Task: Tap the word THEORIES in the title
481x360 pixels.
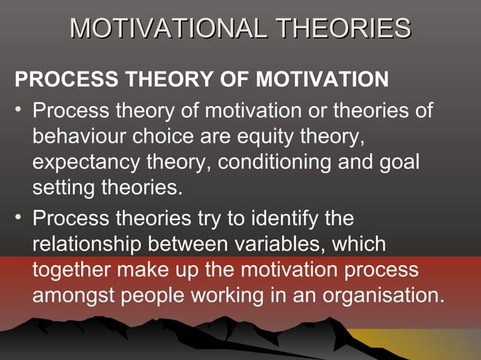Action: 344,29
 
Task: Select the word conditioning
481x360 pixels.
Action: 292,163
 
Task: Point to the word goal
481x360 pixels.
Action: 398,163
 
